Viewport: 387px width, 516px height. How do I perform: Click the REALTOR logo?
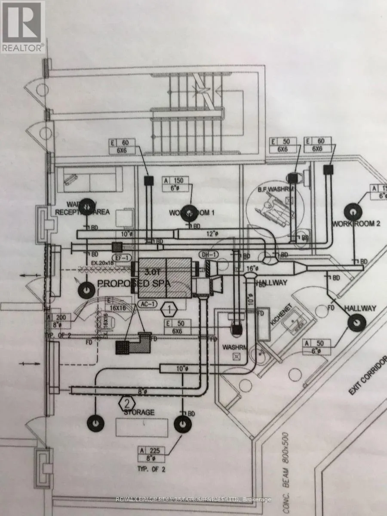pos(22,27)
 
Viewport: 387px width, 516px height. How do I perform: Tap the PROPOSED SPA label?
pos(134,284)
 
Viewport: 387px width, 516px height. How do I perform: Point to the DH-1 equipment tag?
pos(209,255)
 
